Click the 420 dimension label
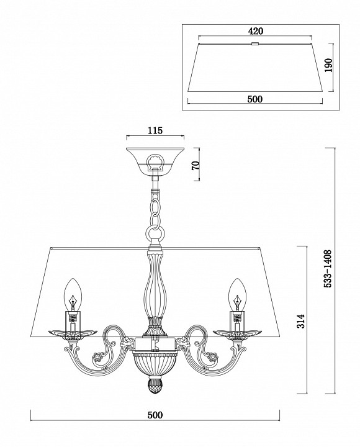pos(255,31)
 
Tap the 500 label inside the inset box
pos(254,99)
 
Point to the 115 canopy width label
pos(155,130)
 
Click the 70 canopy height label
pos(196,165)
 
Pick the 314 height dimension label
pos(300,321)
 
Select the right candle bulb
pos(237,294)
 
